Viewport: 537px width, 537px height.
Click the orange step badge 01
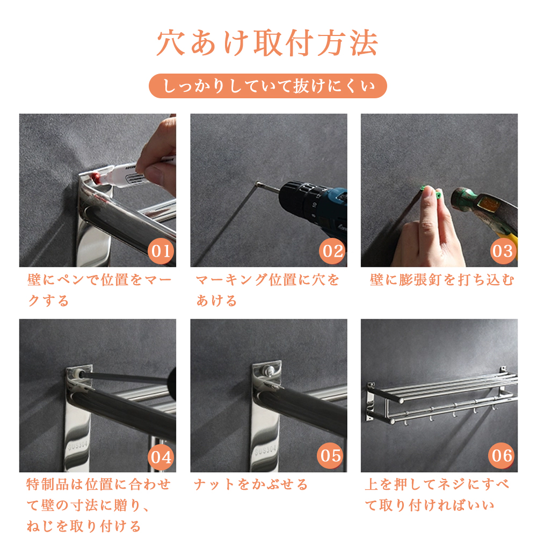tap(161, 251)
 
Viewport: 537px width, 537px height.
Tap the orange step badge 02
tap(332, 251)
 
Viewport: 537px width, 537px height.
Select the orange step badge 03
tap(503, 251)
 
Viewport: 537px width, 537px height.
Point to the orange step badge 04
tap(161, 457)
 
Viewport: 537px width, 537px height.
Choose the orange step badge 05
tap(330, 455)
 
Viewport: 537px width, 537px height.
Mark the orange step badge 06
tap(502, 455)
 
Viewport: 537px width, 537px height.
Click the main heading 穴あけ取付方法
tap(267, 43)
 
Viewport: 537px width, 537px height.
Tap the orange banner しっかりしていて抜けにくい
tap(268, 85)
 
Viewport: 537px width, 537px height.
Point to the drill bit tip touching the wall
tap(257, 184)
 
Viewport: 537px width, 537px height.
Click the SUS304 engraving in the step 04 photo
tap(78, 445)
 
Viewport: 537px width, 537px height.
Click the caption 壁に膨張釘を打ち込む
tap(442, 280)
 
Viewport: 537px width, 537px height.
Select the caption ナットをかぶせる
tap(251, 484)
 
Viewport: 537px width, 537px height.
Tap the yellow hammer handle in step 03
tap(509, 240)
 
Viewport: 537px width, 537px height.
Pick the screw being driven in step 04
tap(81, 374)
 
